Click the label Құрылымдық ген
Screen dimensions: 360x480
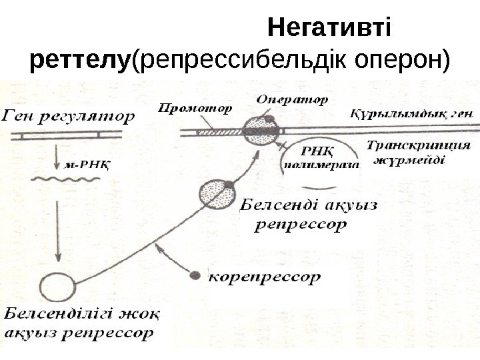tap(410, 113)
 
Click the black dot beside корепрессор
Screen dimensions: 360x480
tap(195, 275)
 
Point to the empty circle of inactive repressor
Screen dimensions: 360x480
tap(57, 287)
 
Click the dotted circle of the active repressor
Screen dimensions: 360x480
tap(217, 194)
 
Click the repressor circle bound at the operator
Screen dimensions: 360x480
tap(258, 131)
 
